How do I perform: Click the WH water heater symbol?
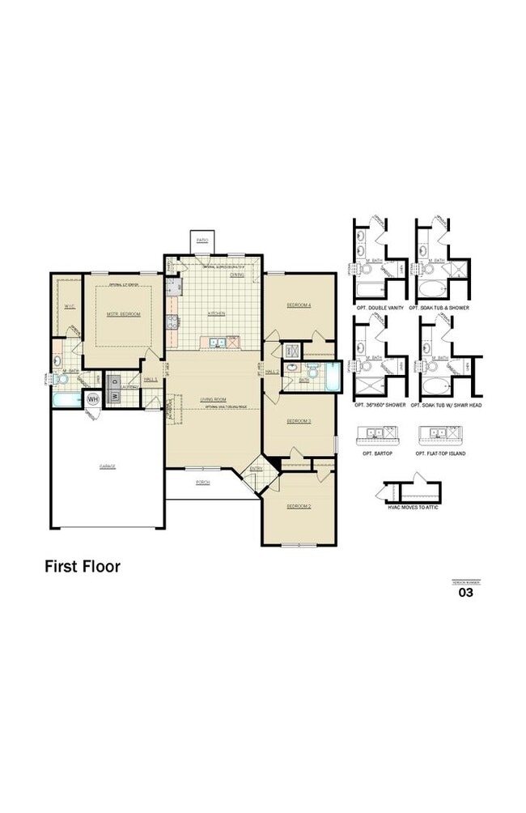[92, 399]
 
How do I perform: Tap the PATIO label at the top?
[202, 240]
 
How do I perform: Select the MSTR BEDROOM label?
[124, 313]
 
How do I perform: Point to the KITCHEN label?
[215, 313]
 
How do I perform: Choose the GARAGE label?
[107, 466]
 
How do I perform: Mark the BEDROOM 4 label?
[299, 304]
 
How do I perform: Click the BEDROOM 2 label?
[299, 505]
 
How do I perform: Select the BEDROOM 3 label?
[299, 421]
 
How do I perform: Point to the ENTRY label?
[256, 469]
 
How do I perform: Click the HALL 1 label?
[150, 379]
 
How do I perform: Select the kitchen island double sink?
[215, 343]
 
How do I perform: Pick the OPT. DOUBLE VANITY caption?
[378, 309]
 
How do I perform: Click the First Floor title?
[82, 567]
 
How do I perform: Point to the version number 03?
[465, 593]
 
